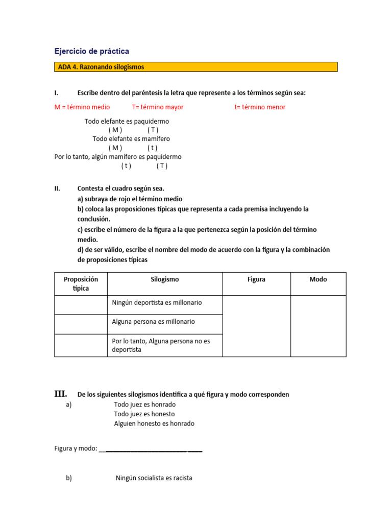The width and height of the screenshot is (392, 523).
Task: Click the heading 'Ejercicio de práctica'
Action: pos(92,51)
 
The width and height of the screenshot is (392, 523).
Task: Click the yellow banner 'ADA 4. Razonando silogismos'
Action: pos(195,67)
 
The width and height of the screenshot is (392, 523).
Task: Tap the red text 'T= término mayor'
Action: pos(158,107)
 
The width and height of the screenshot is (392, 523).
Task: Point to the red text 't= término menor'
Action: pos(260,107)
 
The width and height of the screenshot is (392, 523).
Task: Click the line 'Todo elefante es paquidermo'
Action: pos(127,122)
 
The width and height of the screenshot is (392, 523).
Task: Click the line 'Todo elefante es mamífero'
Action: pos(131,139)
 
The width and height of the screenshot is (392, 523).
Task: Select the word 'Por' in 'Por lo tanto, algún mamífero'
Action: pos(60,157)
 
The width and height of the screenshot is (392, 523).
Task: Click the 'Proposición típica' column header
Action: pos(81,283)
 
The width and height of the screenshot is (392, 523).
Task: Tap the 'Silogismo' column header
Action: pos(165,279)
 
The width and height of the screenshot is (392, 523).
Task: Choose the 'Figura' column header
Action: pos(256,279)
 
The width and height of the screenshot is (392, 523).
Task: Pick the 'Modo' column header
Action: pos(318,279)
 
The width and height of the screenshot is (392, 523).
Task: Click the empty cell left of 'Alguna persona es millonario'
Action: pos(81,324)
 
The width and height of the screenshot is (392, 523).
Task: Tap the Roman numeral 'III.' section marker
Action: pos(61,394)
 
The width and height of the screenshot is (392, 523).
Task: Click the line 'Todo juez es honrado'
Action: pos(145,405)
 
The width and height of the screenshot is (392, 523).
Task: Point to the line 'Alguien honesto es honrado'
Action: pos(154,423)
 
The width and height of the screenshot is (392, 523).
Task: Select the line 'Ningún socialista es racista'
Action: pos(154,479)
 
